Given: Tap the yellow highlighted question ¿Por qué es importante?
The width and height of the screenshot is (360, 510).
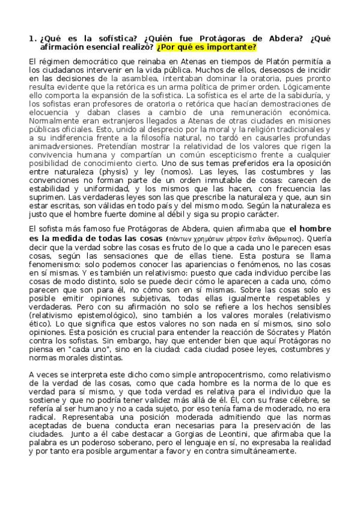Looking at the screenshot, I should click(x=206, y=47).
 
